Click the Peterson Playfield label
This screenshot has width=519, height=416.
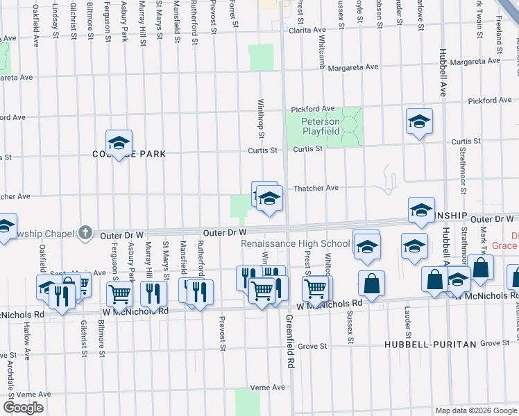[x=320, y=126]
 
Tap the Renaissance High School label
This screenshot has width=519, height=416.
[x=296, y=244]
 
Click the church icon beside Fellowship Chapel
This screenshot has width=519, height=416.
[x=85, y=233]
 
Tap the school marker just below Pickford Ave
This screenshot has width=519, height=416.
[x=419, y=123]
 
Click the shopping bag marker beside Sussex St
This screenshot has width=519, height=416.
[x=371, y=284]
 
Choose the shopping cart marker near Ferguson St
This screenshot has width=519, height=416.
[x=119, y=294]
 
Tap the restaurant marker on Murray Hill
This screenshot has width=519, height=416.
[x=153, y=293]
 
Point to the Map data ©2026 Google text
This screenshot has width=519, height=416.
[x=476, y=410]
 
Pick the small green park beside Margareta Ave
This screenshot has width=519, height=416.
[x=261, y=58]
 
